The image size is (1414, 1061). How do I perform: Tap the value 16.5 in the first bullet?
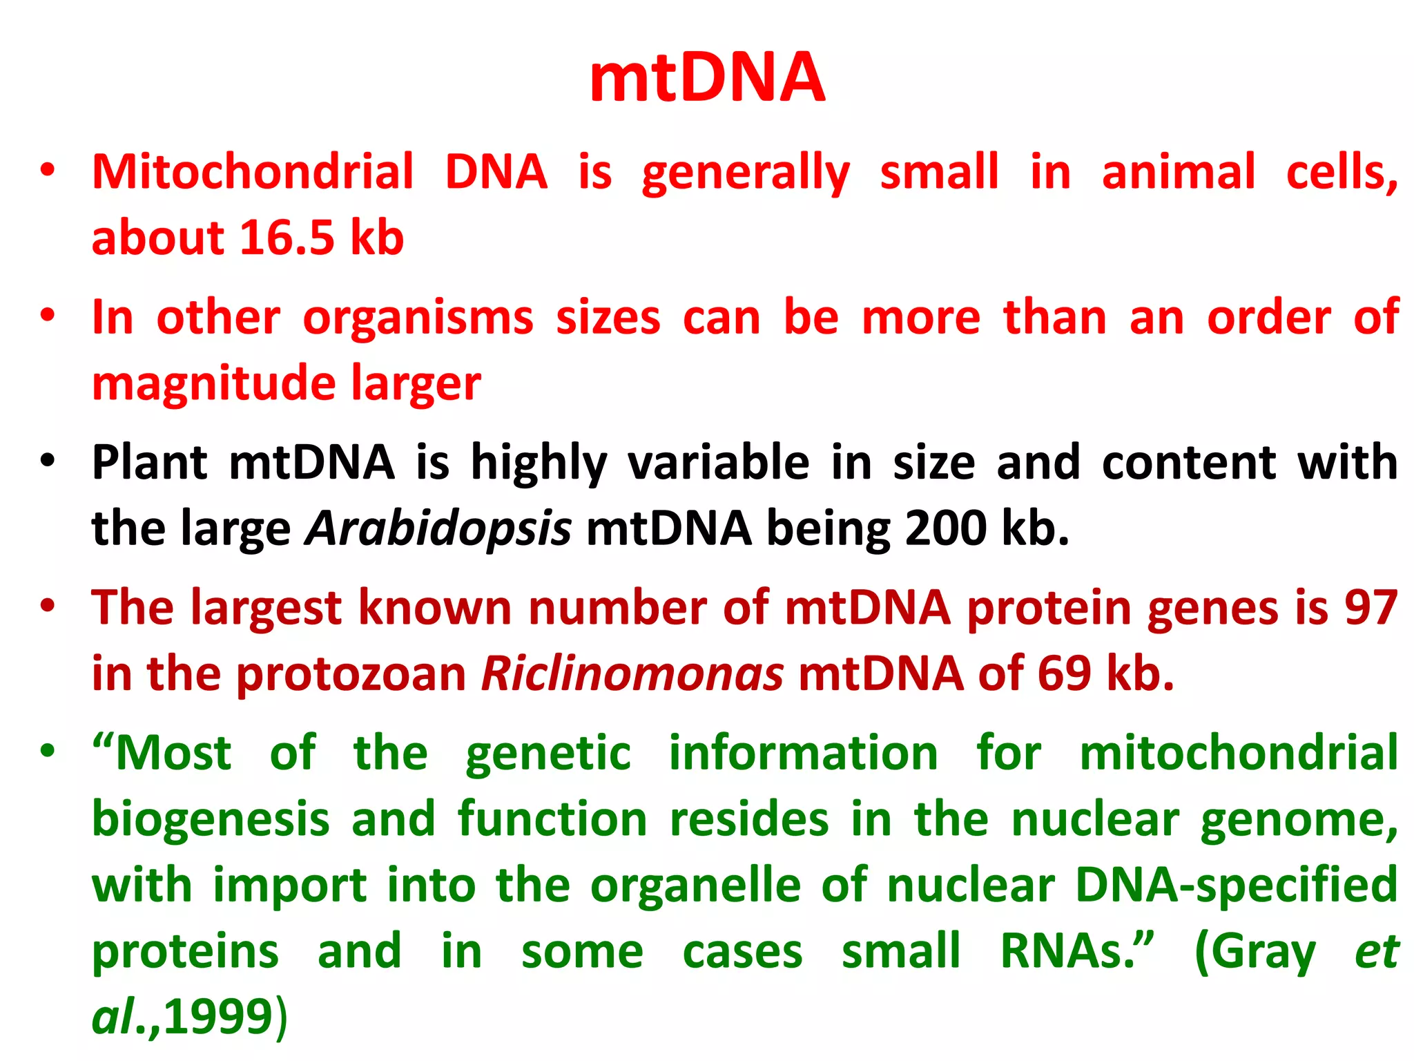tap(287, 238)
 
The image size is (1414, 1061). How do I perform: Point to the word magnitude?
tap(213, 384)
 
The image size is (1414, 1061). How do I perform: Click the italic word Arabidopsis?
tap(439, 528)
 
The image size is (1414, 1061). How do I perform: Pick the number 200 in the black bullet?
tap(945, 528)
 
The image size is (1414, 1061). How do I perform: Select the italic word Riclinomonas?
tap(632, 674)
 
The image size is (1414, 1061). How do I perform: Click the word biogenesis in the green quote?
tap(211, 819)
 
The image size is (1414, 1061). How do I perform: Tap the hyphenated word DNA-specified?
tap(1236, 886)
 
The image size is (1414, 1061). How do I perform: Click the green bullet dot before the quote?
tap(47, 750)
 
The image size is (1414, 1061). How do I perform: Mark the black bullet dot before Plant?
tap(47, 460)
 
